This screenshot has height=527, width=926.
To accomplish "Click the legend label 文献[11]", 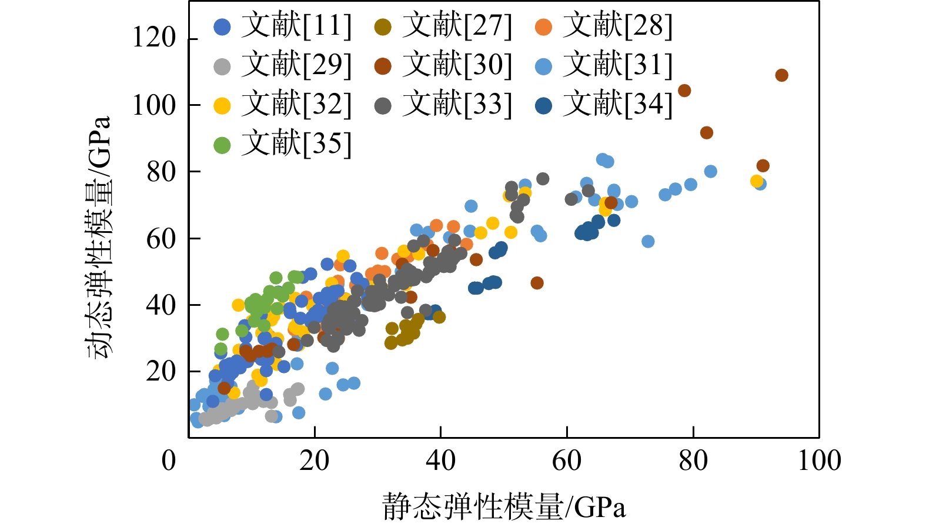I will (296, 26).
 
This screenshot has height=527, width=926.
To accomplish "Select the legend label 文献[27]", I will (457, 26).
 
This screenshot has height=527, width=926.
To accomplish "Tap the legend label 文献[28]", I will (617, 26).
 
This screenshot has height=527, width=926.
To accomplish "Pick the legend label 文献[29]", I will (296, 65).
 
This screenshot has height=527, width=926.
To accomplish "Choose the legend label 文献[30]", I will (457, 65).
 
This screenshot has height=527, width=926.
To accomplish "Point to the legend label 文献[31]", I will (617, 65).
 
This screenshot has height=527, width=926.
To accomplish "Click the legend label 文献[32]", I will (296, 105).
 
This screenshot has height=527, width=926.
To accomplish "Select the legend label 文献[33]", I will (457, 105).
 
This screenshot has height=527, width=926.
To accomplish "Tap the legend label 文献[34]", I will (617, 105).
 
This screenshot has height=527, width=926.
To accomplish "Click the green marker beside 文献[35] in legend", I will (222, 145).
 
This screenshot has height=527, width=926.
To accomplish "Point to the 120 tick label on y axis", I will (154, 38).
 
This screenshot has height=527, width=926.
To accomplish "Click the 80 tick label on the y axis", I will (161, 172).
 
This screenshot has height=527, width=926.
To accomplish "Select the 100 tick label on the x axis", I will (819, 461).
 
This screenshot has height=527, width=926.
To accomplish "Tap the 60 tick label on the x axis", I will (567, 461).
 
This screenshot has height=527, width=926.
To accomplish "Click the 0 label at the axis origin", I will (169, 461).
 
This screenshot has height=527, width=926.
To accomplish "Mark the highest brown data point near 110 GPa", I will (781, 75).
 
